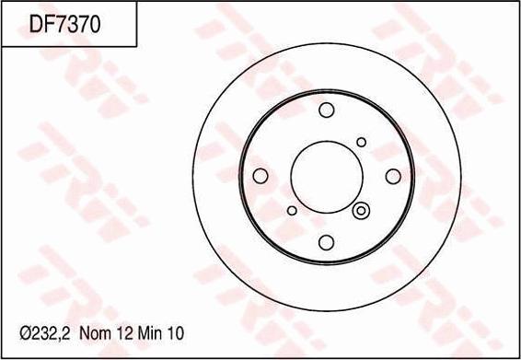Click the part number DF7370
point(64,25)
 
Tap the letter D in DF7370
point(35,25)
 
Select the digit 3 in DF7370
point(72,25)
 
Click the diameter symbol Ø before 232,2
point(26,333)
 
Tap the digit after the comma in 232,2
point(65,333)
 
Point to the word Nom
point(95,333)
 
